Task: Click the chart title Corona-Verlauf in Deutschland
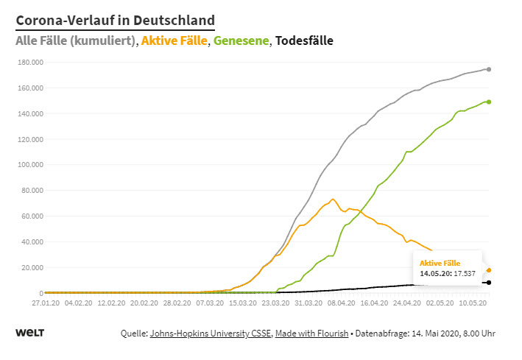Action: click(x=115, y=20)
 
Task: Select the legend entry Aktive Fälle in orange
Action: click(x=174, y=41)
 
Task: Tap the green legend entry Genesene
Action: click(x=241, y=41)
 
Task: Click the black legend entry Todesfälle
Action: click(x=304, y=41)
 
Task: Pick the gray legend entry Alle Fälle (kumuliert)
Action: click(x=75, y=41)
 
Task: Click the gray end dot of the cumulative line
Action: click(x=489, y=69)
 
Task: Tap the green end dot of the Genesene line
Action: click(x=489, y=102)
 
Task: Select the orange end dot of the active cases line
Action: click(x=489, y=270)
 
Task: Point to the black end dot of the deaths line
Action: click(x=489, y=283)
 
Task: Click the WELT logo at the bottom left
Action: click(x=29, y=333)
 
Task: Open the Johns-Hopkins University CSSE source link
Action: click(x=210, y=333)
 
